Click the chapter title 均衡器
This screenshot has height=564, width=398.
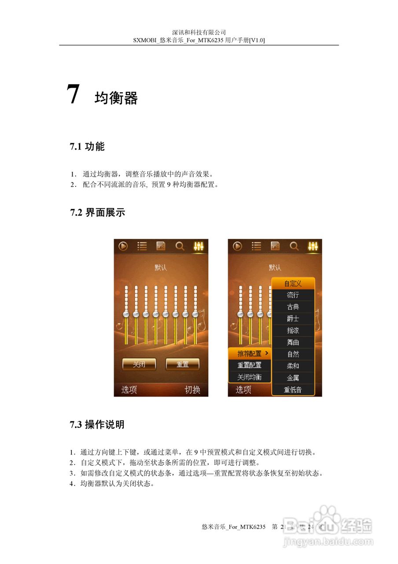tap(116, 98)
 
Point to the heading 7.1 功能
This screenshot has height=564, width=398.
tap(87, 147)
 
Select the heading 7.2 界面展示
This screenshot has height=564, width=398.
tap(97, 212)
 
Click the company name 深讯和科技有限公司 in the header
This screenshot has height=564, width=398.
tap(199, 32)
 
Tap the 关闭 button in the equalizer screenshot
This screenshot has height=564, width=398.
tap(139, 364)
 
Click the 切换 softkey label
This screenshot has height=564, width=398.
tap(192, 390)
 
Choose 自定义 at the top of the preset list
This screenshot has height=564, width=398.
tap(293, 283)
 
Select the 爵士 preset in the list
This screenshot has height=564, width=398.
tap(293, 319)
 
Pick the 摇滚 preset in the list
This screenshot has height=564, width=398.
tap(293, 330)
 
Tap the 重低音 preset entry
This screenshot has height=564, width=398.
tap(293, 390)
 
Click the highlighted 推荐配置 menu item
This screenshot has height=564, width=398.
tap(250, 353)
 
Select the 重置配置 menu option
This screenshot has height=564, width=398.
tap(250, 365)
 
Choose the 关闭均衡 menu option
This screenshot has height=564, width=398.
tap(250, 377)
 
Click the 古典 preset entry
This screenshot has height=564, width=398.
tap(293, 307)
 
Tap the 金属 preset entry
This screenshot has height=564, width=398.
tap(293, 378)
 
